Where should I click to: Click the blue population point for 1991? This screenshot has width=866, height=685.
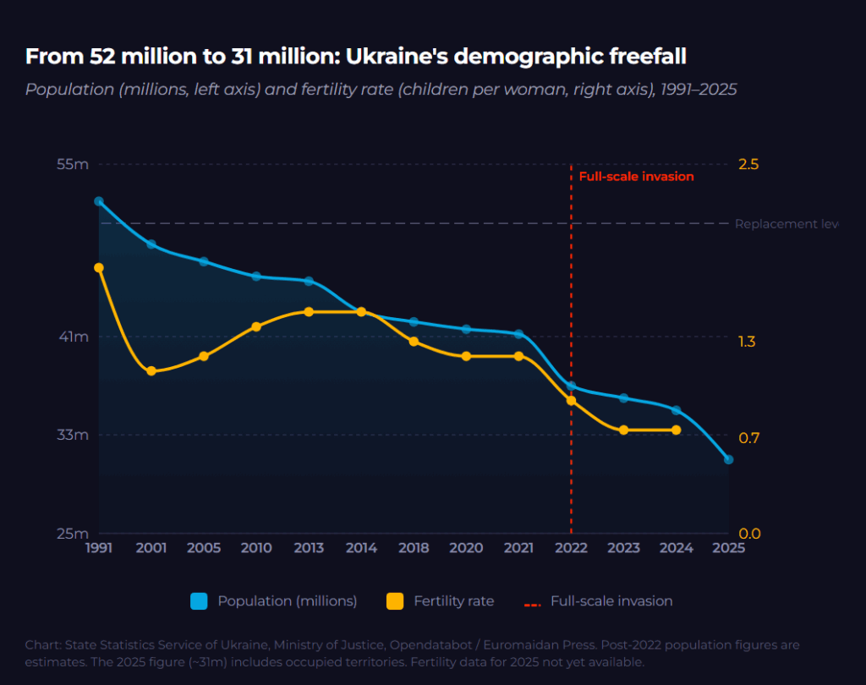99,201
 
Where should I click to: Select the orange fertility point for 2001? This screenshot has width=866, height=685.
151,371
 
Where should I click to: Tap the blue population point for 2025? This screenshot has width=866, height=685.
728,459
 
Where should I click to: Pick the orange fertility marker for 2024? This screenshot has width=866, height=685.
676,430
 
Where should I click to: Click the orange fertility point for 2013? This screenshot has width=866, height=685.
309,312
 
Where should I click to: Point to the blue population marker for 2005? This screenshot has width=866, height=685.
204,261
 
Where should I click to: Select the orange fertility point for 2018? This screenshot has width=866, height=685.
414,342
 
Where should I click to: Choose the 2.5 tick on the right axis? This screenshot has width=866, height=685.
748,164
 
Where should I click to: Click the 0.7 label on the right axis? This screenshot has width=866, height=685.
748,437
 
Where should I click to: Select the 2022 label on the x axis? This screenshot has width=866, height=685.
571,548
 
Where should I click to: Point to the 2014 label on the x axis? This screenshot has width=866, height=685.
361,548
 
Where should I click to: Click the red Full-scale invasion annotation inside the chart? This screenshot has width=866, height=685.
636,177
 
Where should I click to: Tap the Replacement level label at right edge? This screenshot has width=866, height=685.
786,224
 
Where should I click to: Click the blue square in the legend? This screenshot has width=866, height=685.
200,601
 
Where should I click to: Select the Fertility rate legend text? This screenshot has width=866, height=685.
453,601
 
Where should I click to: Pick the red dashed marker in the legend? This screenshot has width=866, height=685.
532,602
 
